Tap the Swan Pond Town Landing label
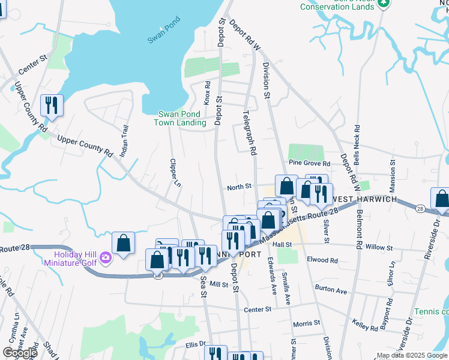(x=182, y=118)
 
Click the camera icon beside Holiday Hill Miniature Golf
(x=106, y=258)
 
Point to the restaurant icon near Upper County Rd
(x=52, y=106)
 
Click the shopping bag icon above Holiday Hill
(x=124, y=243)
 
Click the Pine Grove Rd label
(x=309, y=163)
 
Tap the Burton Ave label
(x=331, y=291)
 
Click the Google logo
(x=20, y=353)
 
